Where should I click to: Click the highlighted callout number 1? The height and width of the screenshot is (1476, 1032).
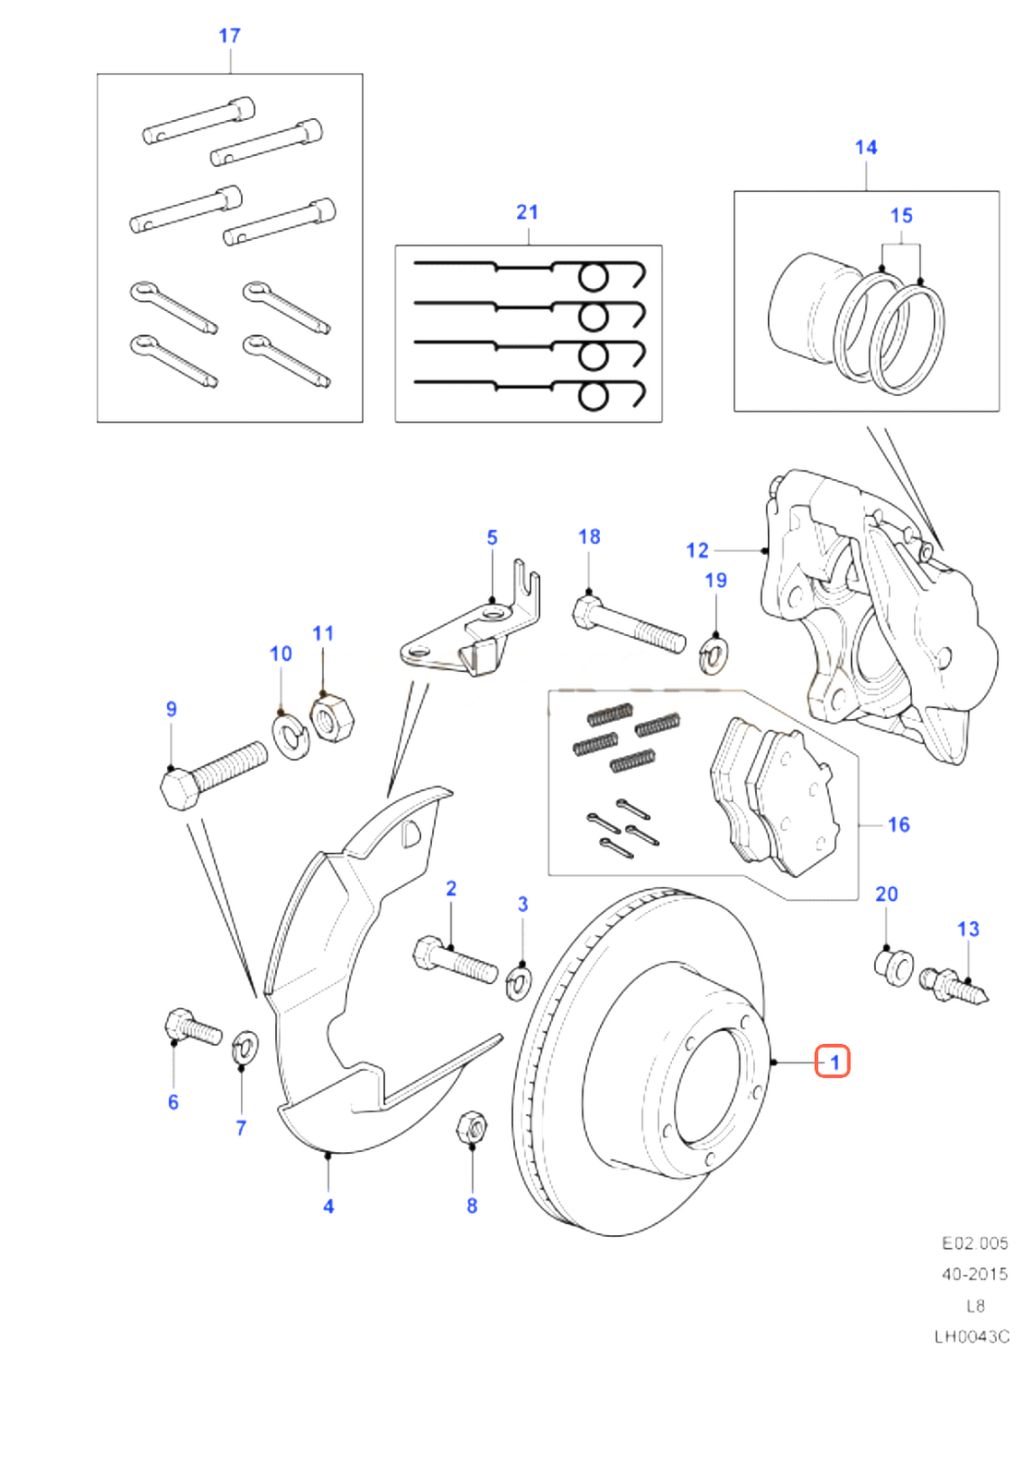pos(834,1062)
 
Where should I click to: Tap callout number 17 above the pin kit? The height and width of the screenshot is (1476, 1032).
pos(229,36)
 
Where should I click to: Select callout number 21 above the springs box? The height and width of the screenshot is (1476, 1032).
pos(527,212)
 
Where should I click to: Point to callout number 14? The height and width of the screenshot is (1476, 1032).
pos(866,148)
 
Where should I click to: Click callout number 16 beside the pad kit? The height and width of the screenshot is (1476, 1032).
pos(898,824)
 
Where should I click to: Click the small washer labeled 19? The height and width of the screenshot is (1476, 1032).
pos(713,654)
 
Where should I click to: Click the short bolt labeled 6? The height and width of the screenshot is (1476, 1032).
pos(192,1026)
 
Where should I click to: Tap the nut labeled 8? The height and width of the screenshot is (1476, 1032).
pos(472,1127)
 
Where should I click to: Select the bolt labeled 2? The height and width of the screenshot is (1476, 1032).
pos(454,959)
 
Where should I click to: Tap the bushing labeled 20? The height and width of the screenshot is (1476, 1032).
pos(893,966)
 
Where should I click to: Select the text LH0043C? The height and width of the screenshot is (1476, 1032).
pos(971,1336)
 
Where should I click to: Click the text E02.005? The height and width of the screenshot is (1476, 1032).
pos(974,1242)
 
